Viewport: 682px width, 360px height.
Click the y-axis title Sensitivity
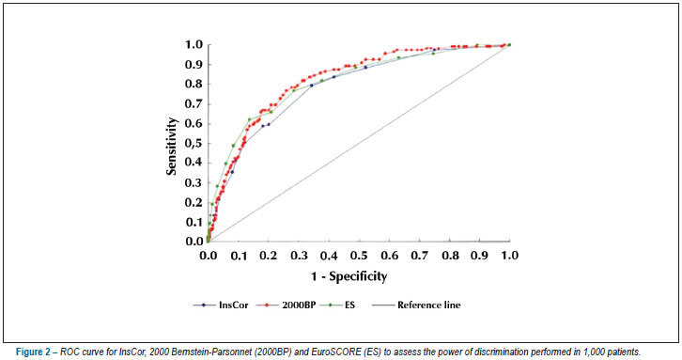click(172, 146)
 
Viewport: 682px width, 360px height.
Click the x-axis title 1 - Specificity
click(349, 276)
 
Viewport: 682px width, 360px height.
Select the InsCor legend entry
click(221, 305)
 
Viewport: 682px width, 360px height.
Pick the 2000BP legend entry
click(285, 305)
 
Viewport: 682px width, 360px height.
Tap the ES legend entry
click(337, 305)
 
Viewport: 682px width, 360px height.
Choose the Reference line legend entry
click(416, 305)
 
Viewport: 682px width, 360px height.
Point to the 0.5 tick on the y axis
click(194, 144)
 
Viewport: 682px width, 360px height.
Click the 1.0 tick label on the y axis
click(194, 44)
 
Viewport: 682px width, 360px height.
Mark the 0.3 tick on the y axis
click(194, 183)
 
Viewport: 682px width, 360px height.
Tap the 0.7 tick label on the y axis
click(194, 104)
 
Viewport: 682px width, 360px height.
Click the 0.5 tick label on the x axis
click(359, 255)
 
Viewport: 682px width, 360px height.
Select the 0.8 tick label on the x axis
click(450, 255)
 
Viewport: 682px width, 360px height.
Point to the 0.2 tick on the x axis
click(269, 255)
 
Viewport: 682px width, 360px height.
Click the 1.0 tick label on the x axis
click(509, 255)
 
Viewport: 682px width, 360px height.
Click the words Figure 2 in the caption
click(33, 352)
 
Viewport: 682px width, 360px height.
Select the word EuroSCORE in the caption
click(331, 352)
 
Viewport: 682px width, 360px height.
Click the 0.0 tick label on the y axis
click(194, 242)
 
